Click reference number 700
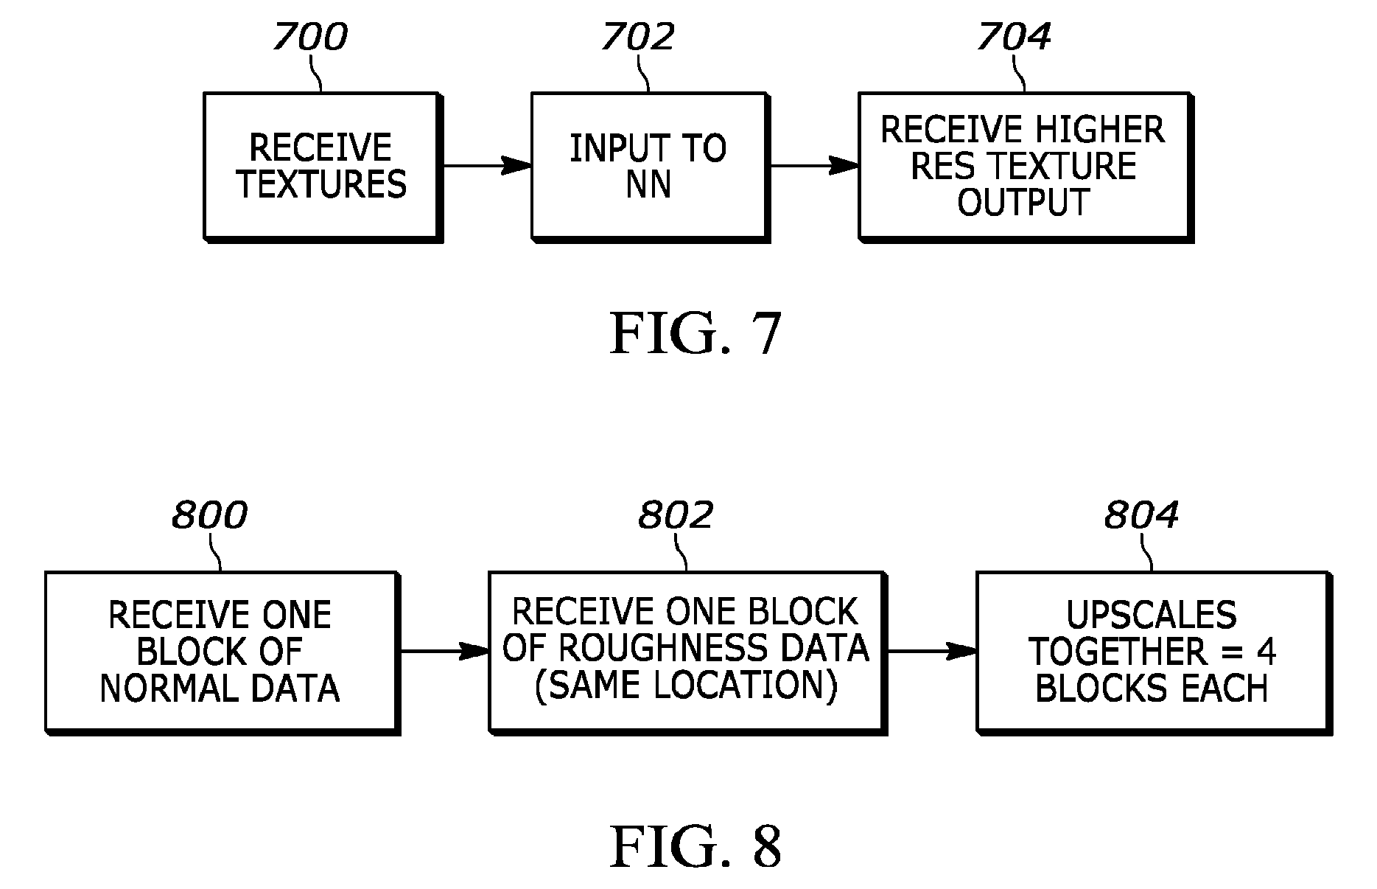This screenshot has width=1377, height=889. point(309,37)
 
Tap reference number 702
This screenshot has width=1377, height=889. point(637,37)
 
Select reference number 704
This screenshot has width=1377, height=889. point(1014,37)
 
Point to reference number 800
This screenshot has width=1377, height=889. point(209,515)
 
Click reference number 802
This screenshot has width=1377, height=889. point(676,515)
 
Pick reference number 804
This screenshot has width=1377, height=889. point(1141,515)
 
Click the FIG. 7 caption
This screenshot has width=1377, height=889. point(695,334)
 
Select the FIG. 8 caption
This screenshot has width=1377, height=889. point(695,847)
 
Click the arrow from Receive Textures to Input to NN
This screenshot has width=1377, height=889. point(486,166)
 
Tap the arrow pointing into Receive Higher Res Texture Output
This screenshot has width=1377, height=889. point(813,166)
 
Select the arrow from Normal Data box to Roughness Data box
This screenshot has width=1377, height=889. point(444,652)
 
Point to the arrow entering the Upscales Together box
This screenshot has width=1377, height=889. point(932,652)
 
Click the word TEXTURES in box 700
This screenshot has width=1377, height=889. point(321,184)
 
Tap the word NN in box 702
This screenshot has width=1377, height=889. point(648,184)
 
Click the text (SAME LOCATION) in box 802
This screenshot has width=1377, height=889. point(686,686)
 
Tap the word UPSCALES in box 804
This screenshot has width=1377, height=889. point(1152,615)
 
